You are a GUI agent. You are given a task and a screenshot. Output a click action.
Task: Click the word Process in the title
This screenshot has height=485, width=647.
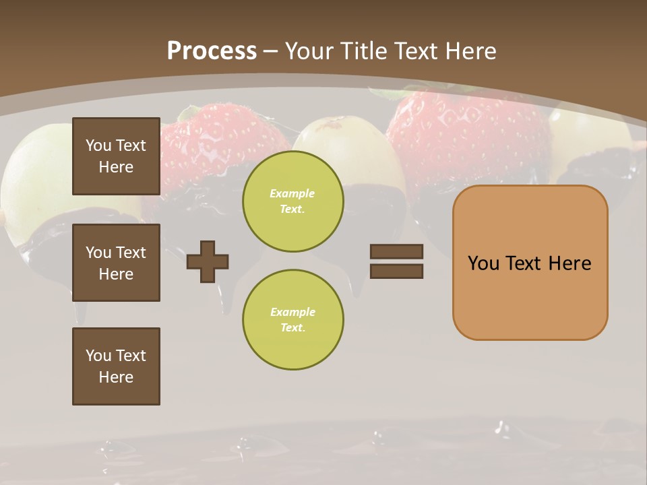pyautogui.click(x=212, y=51)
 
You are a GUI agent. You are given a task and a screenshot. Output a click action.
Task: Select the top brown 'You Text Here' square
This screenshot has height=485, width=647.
pyautogui.click(x=116, y=156)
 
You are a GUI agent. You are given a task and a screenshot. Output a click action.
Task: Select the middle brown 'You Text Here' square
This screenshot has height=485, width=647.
pyautogui.click(x=116, y=263)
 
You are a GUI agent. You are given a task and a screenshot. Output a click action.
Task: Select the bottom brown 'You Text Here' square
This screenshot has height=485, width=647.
pyautogui.click(x=116, y=366)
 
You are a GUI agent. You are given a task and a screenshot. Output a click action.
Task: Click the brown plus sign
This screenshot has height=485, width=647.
pyautogui.click(x=208, y=261)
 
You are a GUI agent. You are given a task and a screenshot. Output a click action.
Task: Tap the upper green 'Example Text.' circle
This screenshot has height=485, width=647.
pyautogui.click(x=293, y=201)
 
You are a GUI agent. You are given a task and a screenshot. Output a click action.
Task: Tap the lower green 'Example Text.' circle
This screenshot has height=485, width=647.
pyautogui.click(x=293, y=320)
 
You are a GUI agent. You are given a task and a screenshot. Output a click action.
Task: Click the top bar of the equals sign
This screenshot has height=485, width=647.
pyautogui.click(x=397, y=252)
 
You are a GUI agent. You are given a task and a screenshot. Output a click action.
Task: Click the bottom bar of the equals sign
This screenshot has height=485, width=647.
pyautogui.click(x=397, y=271)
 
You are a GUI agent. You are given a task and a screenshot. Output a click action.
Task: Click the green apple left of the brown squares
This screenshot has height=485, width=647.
pyautogui.click(x=34, y=175)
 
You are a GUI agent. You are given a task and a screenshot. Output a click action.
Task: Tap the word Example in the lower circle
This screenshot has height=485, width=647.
pyautogui.click(x=292, y=312)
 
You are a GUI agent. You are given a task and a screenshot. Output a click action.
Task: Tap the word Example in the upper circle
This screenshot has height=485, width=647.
pyautogui.click(x=292, y=193)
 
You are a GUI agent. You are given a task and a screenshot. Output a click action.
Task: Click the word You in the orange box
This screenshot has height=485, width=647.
pyautogui.click(x=483, y=263)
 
